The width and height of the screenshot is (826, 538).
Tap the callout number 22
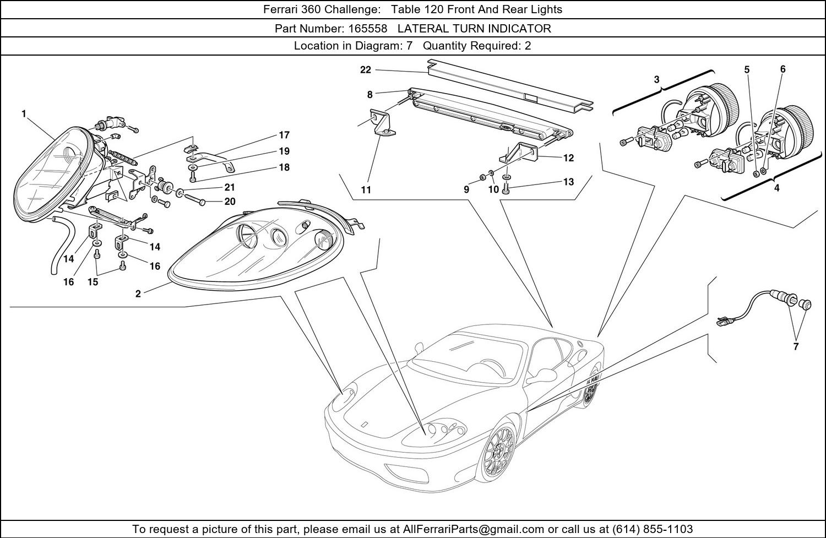click(366, 70)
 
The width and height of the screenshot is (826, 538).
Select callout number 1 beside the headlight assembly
click(24, 114)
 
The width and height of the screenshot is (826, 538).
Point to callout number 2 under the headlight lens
click(138, 294)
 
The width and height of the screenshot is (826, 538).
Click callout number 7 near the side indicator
click(796, 346)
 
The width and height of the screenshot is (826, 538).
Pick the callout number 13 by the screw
click(568, 182)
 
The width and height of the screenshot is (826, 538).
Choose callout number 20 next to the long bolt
click(230, 202)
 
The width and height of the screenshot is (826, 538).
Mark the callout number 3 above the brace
click(657, 80)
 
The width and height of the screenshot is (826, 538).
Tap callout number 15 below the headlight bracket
click(93, 282)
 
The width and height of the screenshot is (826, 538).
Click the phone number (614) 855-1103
click(652, 529)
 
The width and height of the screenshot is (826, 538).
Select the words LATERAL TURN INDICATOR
click(474, 29)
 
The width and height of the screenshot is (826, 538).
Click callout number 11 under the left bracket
click(366, 190)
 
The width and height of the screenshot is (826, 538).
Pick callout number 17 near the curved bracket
click(284, 135)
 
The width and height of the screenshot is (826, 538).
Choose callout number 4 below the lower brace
click(776, 188)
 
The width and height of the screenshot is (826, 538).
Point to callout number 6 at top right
click(782, 69)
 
